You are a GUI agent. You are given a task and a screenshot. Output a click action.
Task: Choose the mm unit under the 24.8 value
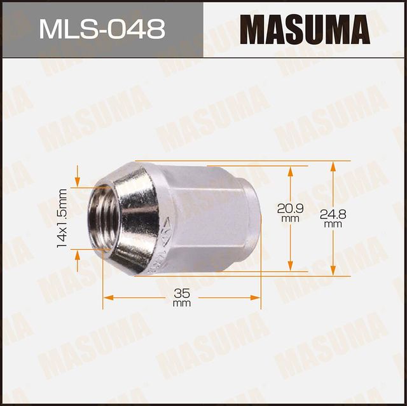[332, 224]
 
